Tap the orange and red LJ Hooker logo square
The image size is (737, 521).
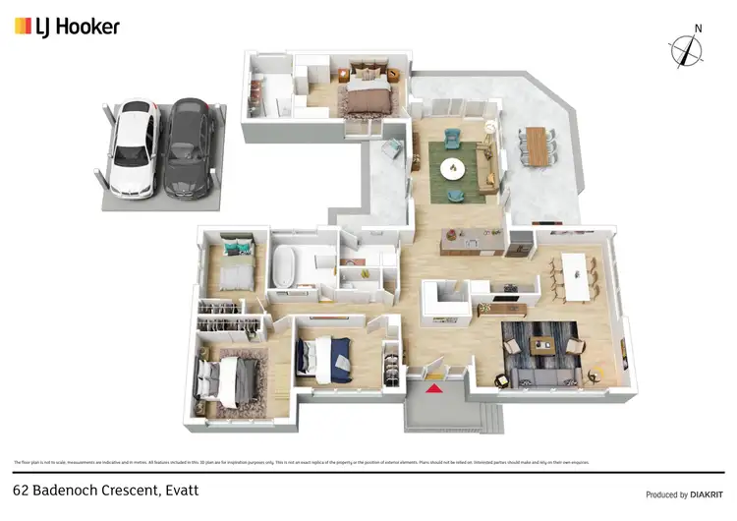click(22, 27)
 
